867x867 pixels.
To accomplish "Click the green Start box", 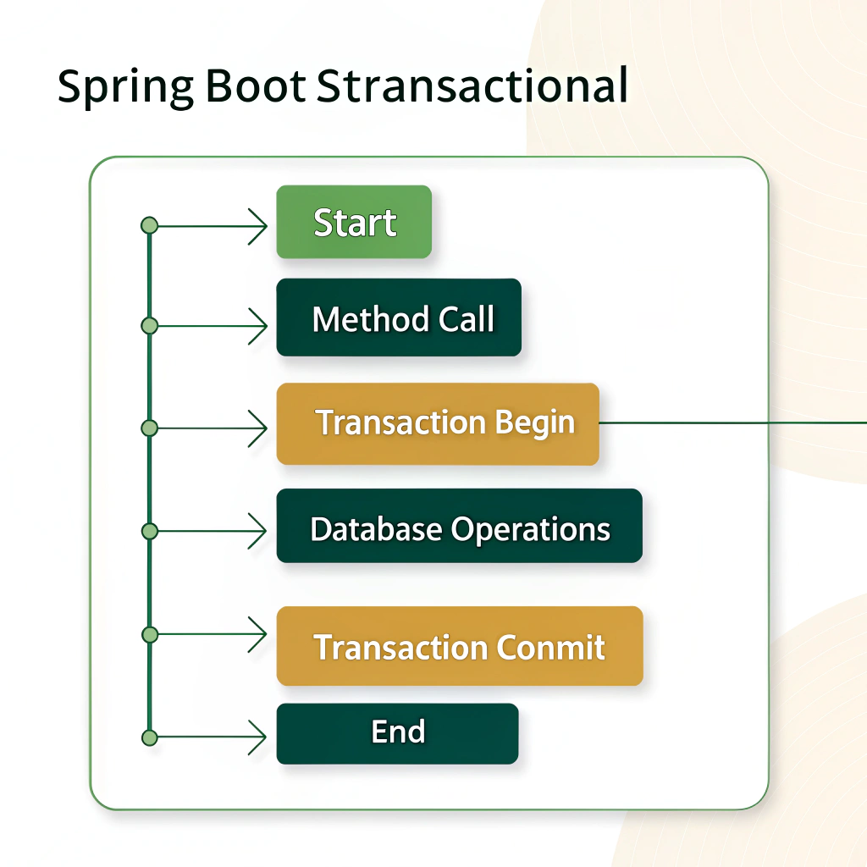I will tap(354, 223).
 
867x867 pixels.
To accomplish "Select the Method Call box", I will tap(399, 318).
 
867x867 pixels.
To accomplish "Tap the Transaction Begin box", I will tap(438, 423).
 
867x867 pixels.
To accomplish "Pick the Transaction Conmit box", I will tap(460, 646).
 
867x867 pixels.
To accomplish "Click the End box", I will tap(397, 733).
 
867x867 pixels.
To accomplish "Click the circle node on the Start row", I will tap(150, 225).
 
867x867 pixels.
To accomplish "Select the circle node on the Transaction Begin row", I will tap(150, 428).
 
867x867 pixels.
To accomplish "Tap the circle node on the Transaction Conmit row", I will tap(150, 634).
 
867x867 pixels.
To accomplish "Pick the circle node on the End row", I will tap(150, 737).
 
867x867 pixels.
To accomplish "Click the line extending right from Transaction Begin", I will tap(728, 422).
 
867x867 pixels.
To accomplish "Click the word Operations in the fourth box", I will tap(530, 529).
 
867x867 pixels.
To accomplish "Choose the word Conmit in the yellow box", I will tap(550, 648).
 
